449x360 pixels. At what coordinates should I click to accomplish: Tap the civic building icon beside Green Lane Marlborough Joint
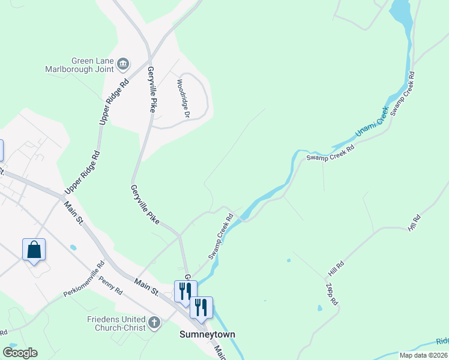(123, 62)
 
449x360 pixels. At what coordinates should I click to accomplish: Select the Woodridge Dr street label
(182, 98)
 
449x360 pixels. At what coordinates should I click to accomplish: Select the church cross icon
(154, 323)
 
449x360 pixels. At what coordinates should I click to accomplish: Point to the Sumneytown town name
(208, 334)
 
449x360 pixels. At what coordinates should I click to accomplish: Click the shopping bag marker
(34, 249)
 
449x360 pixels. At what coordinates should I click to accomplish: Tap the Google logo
(20, 352)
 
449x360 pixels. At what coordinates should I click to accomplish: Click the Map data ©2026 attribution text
(423, 355)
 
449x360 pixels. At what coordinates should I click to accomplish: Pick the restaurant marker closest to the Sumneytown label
(201, 308)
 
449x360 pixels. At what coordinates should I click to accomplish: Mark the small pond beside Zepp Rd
(320, 308)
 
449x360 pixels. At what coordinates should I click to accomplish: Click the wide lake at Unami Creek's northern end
(401, 18)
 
